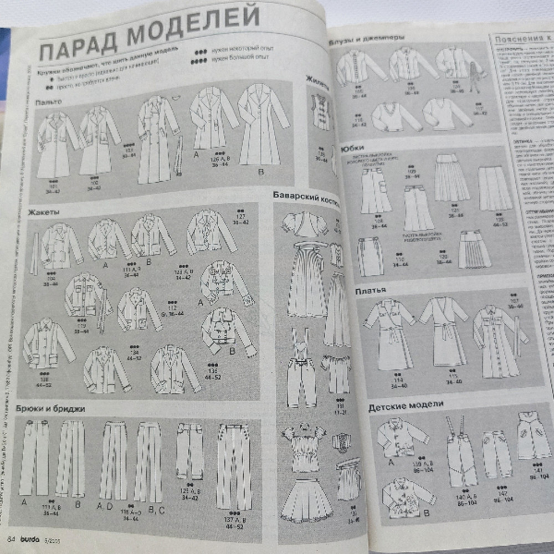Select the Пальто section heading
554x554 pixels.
pyautogui.click(x=48, y=102)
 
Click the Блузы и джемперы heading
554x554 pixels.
pyautogui.click(x=366, y=39)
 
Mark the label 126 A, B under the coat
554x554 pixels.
pyautogui.click(x=219, y=159)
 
